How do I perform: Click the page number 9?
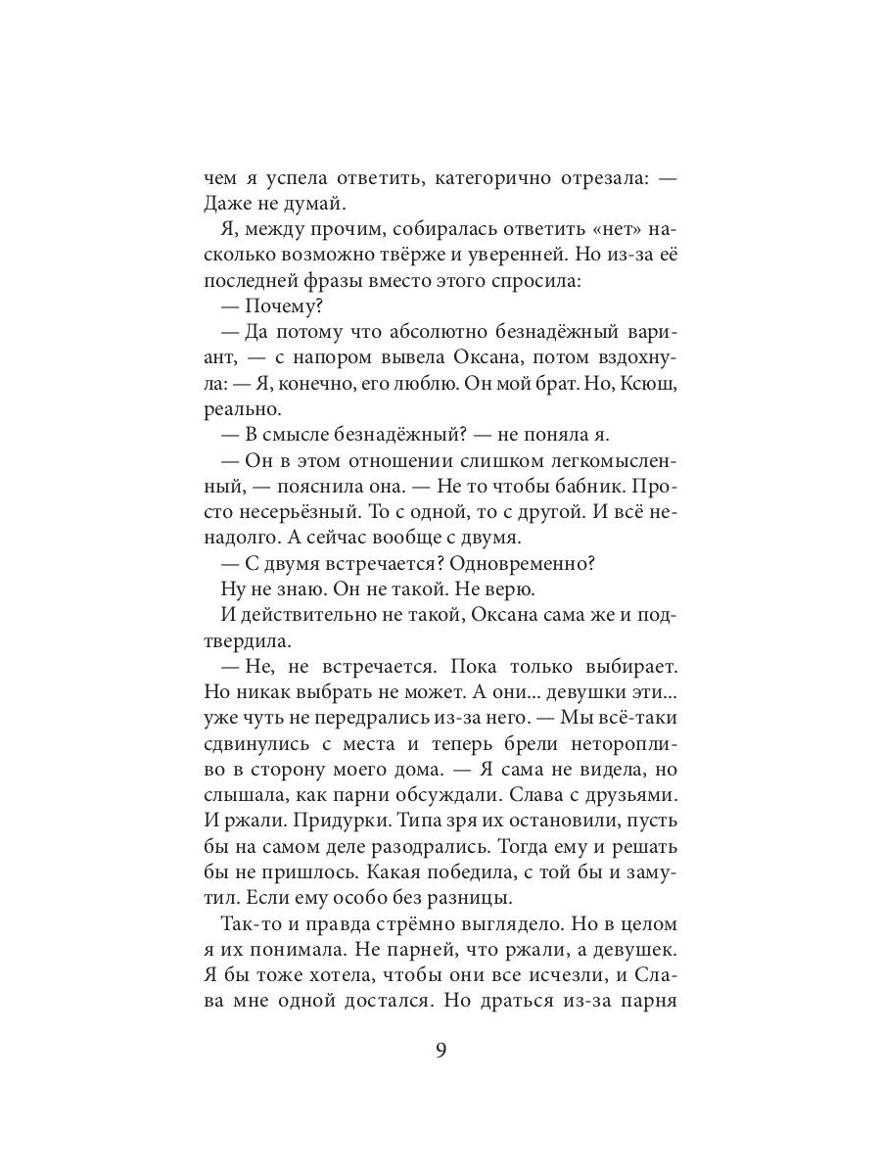pyautogui.click(x=440, y=1051)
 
